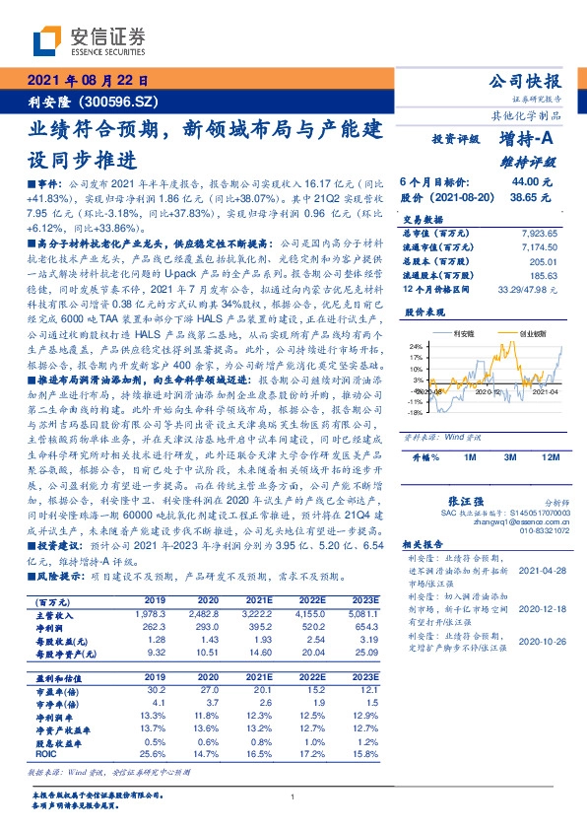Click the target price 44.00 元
click(529, 182)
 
